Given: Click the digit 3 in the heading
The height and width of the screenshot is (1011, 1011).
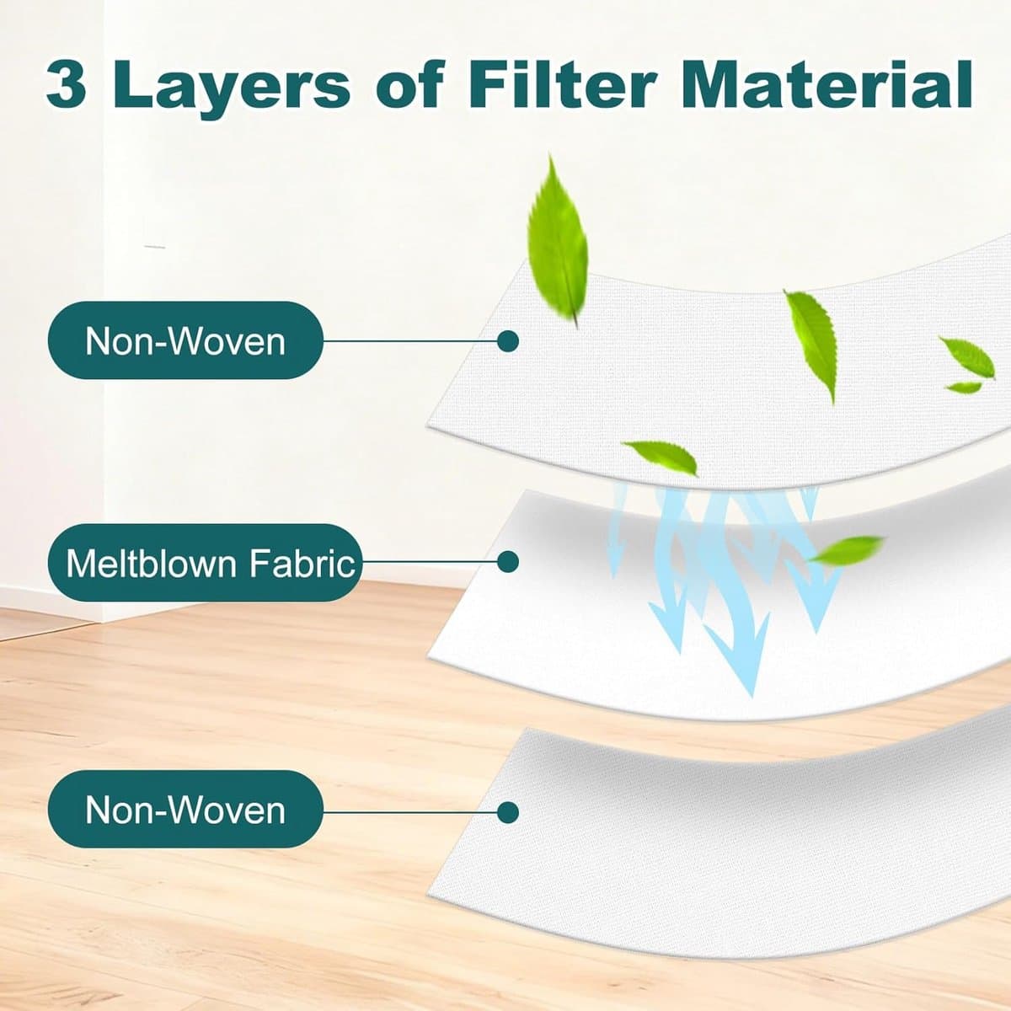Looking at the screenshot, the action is [66, 83].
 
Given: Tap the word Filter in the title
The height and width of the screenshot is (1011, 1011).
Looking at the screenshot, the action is [562, 83].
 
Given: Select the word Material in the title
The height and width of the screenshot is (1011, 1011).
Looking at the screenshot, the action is [826, 83].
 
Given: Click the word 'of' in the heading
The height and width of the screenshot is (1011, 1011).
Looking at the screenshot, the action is [409, 83].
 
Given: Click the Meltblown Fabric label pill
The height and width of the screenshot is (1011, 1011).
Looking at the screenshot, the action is [205, 563].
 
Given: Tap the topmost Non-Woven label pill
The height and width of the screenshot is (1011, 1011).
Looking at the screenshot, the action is [185, 340].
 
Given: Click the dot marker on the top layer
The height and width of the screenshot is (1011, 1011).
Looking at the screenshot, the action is [507, 341].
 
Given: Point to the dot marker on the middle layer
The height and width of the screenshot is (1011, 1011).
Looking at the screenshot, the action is [507, 562].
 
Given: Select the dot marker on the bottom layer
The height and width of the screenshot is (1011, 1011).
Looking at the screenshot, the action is [507, 813].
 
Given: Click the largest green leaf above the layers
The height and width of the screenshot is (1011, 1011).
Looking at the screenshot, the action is [559, 241].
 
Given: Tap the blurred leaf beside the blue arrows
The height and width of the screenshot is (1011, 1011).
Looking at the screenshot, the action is [846, 549].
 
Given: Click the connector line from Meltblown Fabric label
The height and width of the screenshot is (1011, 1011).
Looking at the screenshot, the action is [429, 562].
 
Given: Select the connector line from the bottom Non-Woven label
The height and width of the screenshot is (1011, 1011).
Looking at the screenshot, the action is [409, 813].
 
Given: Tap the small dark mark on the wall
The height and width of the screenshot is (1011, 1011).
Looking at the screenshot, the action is [155, 246].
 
